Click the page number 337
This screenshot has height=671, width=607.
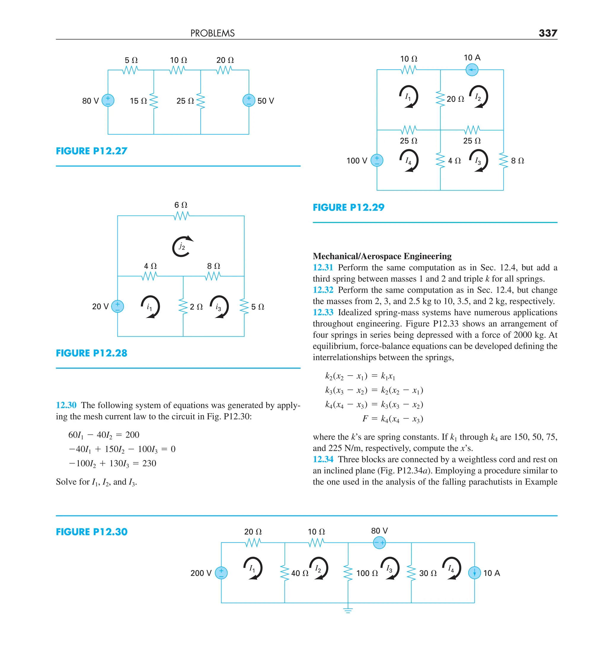coord(547,33)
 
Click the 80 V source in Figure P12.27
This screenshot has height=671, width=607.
coord(108,100)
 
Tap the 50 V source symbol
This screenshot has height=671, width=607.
coord(249,100)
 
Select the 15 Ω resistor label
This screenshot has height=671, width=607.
coord(138,101)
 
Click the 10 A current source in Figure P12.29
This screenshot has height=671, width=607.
coord(472,70)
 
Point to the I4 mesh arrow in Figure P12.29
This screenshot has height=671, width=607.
coord(409,161)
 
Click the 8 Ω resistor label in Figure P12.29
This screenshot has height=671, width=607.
coord(517,161)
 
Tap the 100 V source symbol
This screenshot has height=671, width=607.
coord(377,160)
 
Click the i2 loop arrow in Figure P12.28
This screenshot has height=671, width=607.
coord(182,247)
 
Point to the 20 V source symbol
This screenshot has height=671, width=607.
coord(117,306)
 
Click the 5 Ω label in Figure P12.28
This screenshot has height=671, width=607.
coord(258,307)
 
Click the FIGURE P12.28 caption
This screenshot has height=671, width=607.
coord(92,353)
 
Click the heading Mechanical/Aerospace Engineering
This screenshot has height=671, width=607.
coord(382,256)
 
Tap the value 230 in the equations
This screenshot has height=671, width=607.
coord(149,463)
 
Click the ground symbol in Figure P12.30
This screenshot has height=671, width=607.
coord(348,610)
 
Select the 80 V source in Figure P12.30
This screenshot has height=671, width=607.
coord(379,543)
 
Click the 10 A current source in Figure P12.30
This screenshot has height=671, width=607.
coord(474,573)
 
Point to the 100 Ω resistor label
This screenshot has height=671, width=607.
coord(367,573)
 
